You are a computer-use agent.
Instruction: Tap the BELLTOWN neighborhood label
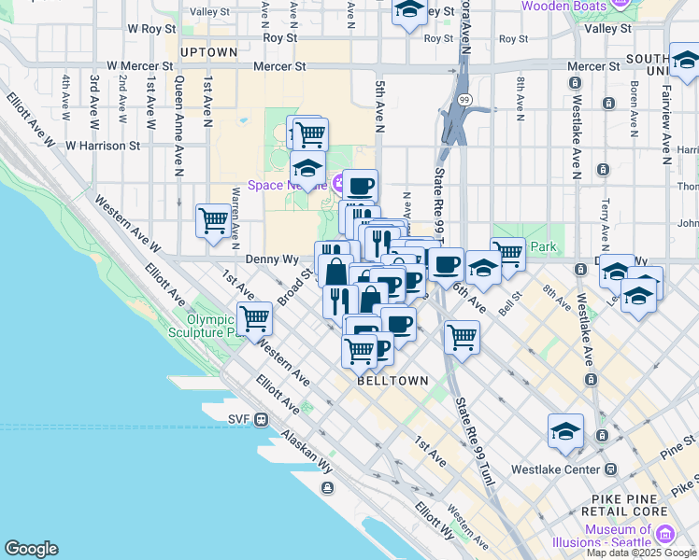coord(392,381)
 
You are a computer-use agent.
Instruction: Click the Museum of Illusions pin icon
coord(664,533)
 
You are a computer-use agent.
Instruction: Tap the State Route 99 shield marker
coord(464,99)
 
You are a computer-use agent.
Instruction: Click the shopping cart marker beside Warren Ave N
coord(213,221)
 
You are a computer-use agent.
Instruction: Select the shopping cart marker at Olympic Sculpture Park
coord(254,318)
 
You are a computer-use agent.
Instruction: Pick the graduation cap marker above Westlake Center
coord(565,431)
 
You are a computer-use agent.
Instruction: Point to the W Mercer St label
coord(140,67)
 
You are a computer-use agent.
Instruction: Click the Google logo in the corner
coord(31,549)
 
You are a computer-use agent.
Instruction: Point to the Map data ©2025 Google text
coord(641,553)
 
